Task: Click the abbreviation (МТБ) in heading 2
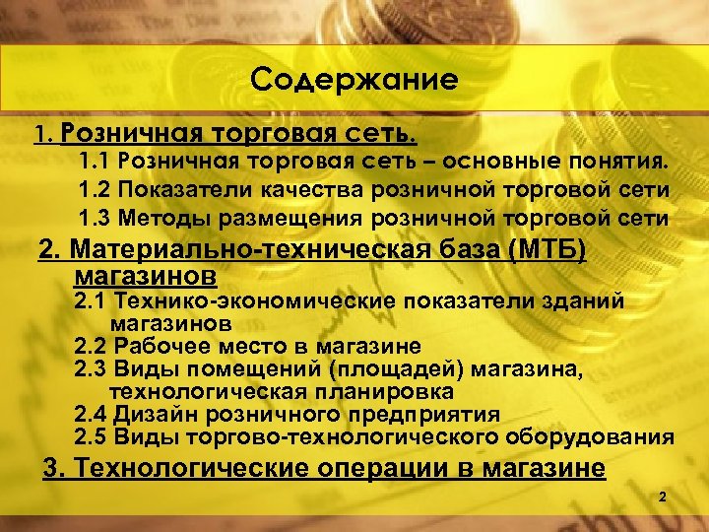(546, 250)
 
